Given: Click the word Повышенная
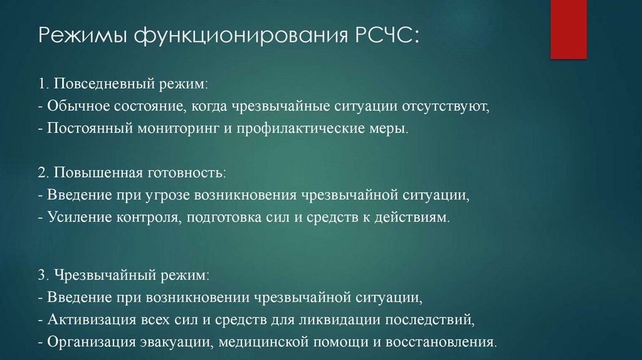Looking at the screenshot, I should point(93,171).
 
